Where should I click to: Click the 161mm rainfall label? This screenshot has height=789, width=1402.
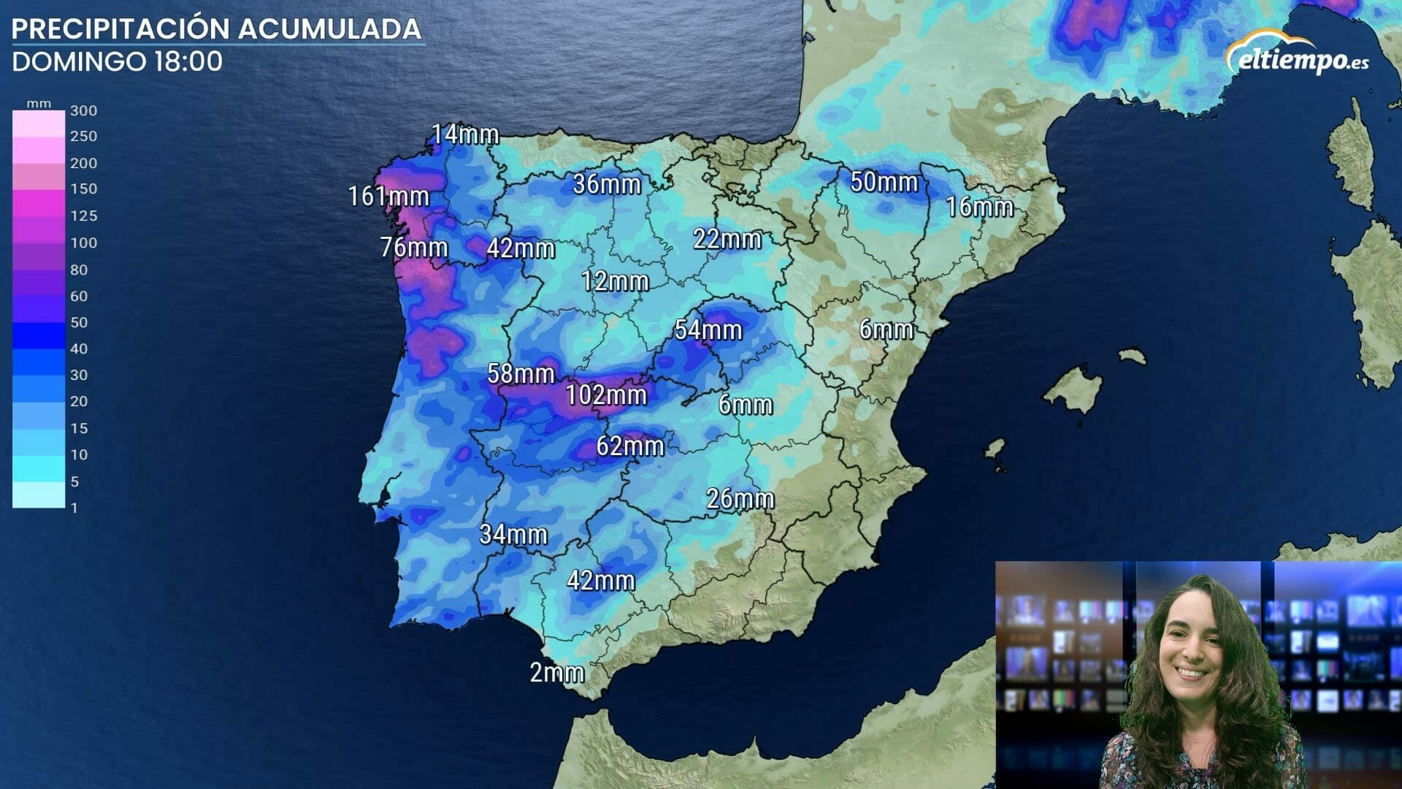click(388, 196)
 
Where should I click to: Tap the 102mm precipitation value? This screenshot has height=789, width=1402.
click(606, 395)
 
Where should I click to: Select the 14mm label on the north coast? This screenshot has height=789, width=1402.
click(464, 134)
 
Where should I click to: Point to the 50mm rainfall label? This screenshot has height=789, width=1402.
click(884, 181)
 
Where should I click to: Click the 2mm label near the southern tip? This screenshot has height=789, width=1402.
click(556, 672)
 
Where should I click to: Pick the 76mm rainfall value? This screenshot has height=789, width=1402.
click(413, 247)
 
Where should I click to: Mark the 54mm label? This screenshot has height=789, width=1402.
click(708, 329)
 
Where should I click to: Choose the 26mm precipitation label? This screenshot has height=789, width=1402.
click(740, 499)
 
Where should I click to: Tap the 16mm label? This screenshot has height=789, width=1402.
click(979, 207)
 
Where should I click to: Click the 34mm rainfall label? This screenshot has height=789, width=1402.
click(513, 534)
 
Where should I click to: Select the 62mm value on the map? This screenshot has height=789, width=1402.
click(629, 446)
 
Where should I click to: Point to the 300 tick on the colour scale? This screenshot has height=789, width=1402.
click(83, 111)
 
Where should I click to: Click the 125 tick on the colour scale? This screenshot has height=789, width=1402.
click(83, 216)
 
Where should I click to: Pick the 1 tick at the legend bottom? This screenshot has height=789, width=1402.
click(74, 508)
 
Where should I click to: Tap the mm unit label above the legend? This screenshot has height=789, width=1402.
click(39, 104)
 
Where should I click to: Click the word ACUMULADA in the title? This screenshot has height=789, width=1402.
click(329, 28)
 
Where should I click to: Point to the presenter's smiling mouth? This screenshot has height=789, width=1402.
click(1190, 672)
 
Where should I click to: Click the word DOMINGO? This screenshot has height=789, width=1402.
click(79, 61)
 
